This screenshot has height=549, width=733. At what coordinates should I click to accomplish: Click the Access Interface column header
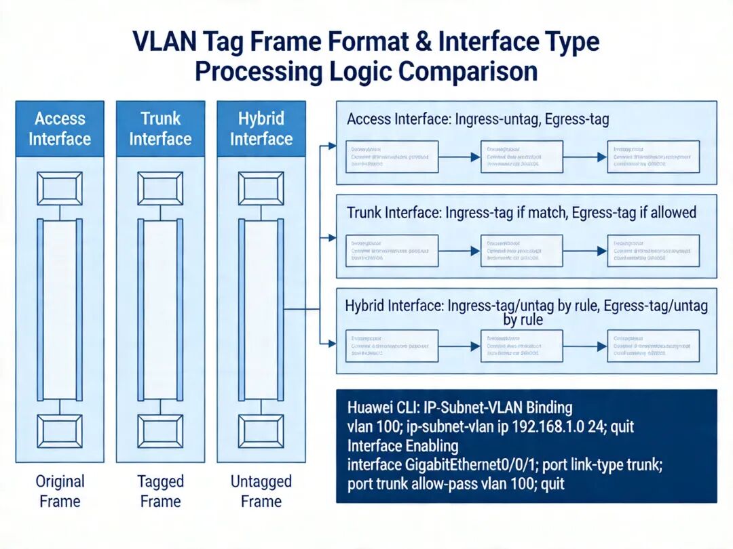pyautogui.click(x=60, y=129)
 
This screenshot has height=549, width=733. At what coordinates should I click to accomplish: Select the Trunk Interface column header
pyautogui.click(x=160, y=129)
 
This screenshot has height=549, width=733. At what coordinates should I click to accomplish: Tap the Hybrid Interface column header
pyautogui.click(x=261, y=129)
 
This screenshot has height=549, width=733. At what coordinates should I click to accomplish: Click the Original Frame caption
pyautogui.click(x=60, y=491)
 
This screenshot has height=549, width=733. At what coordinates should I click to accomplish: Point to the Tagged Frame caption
pyautogui.click(x=160, y=491)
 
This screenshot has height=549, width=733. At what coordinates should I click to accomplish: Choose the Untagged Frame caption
pyautogui.click(x=261, y=491)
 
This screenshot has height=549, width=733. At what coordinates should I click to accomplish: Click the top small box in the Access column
pyautogui.click(x=60, y=188)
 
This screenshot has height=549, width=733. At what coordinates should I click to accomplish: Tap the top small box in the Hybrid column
pyautogui.click(x=261, y=188)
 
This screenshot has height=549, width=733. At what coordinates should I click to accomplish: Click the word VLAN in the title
pyautogui.click(x=166, y=43)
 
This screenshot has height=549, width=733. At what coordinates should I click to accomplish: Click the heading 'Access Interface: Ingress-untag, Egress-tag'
pyautogui.click(x=478, y=119)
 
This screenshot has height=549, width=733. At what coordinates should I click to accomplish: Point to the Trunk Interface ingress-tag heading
pyautogui.click(x=521, y=213)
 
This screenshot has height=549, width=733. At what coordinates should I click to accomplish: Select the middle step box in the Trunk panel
pyautogui.click(x=521, y=251)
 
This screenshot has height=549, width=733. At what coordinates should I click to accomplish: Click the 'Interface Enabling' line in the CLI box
pyautogui.click(x=402, y=446)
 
